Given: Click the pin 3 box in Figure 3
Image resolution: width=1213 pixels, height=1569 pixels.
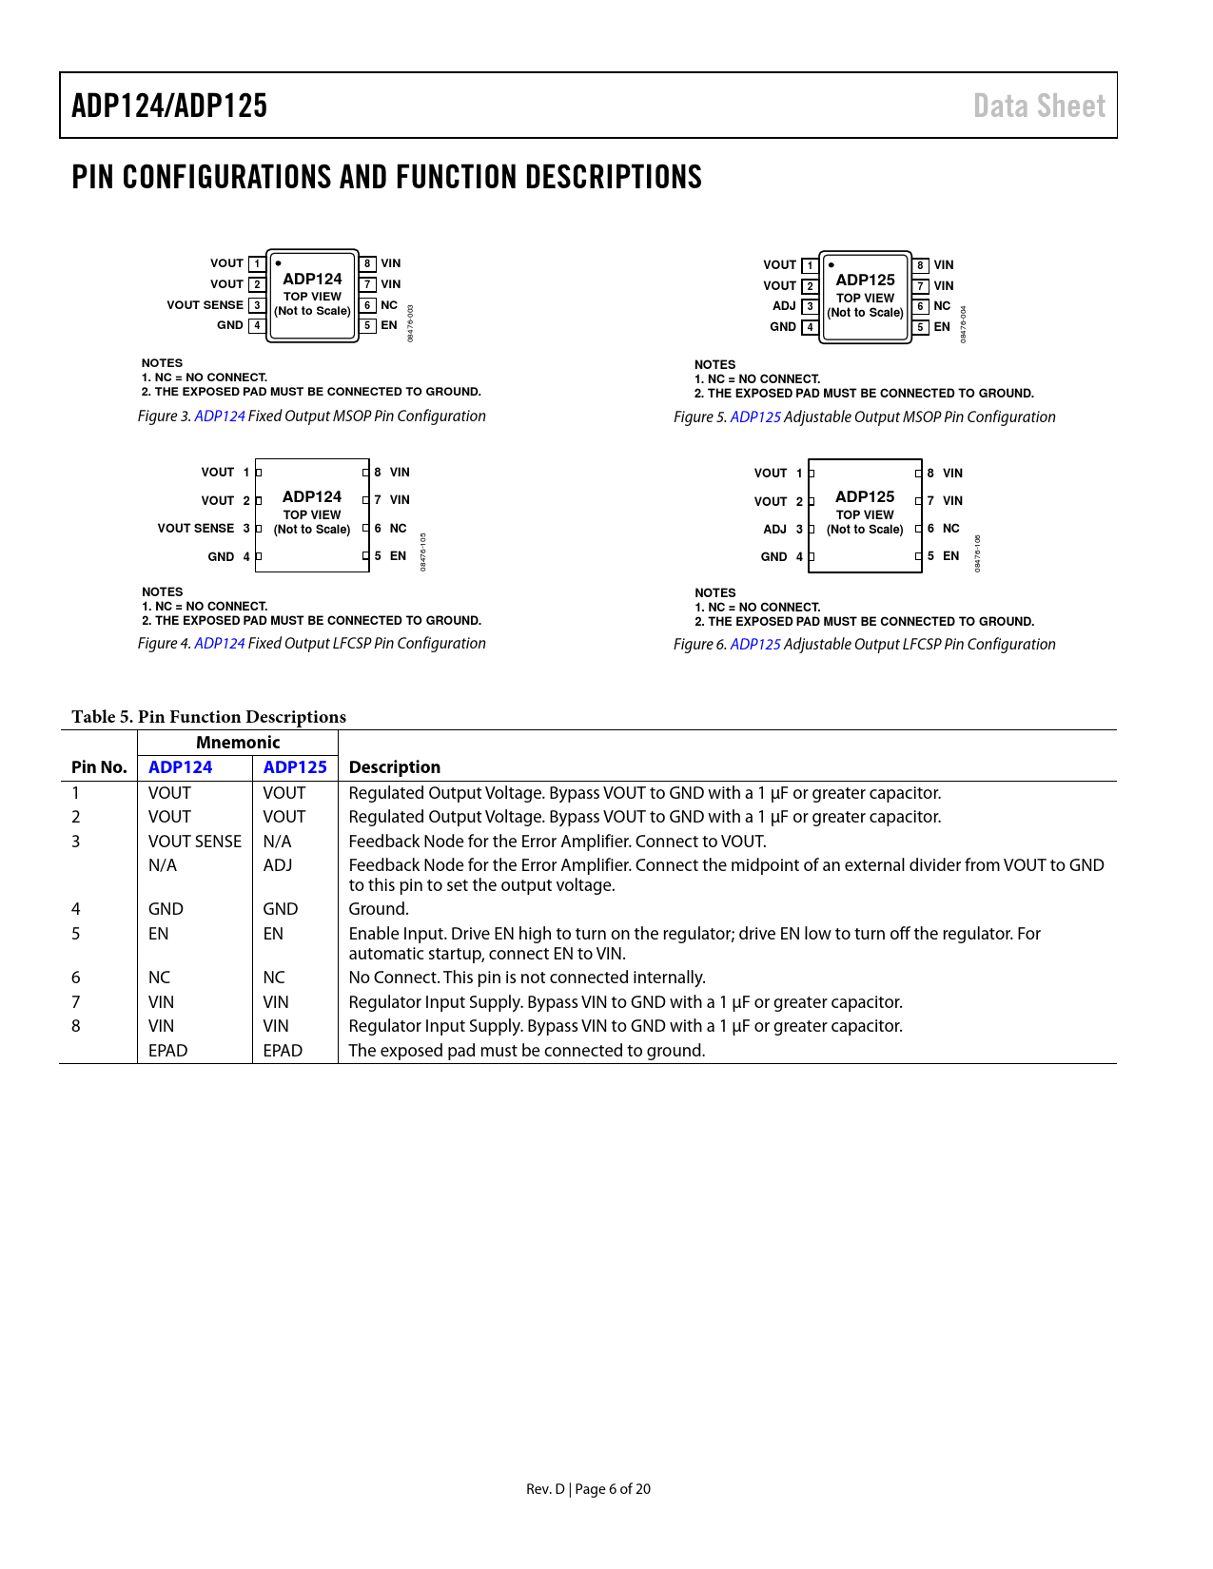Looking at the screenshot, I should pos(257,305).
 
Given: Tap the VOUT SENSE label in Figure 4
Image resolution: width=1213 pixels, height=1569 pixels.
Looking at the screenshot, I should pos(196,529).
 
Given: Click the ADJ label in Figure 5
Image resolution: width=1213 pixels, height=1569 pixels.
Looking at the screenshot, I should pos(784,306).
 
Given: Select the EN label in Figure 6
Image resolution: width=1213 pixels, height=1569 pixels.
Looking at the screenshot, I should pos(950,556).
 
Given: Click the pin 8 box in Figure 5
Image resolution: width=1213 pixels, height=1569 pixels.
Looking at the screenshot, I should pos(920,265).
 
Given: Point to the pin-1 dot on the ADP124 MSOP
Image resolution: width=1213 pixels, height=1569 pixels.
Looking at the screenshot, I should pos(278,263).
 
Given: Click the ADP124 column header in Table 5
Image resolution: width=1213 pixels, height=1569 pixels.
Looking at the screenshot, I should pos(181,767).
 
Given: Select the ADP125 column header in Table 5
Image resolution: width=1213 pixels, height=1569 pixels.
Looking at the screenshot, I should pos(295,767).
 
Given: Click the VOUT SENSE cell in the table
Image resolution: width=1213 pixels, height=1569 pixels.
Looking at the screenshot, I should pos(195,842).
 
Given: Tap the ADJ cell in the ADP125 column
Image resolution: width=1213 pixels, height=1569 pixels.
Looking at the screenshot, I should pos(278,865).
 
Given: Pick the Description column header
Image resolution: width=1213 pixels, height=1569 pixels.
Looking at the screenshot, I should pos(395,767).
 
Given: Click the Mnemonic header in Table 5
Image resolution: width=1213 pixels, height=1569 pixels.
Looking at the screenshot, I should pos(238,743).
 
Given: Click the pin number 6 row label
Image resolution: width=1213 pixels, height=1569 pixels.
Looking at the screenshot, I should pos(76,978).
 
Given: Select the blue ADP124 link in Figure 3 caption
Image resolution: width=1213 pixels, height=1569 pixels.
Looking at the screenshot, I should pos(220,416).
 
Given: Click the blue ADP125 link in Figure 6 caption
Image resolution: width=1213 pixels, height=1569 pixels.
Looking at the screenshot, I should pos(755,645).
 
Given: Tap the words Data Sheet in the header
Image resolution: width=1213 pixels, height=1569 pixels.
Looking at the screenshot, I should pos(1039,106).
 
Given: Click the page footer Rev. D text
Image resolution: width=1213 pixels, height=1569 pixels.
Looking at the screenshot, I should pos(545,1489).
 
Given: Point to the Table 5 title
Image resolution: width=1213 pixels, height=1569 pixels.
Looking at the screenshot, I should pos(209,717).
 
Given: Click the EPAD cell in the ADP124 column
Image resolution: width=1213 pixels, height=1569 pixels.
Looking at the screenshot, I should pos(168,1051).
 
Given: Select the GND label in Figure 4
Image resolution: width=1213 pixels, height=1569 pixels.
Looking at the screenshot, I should pos(221,557).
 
